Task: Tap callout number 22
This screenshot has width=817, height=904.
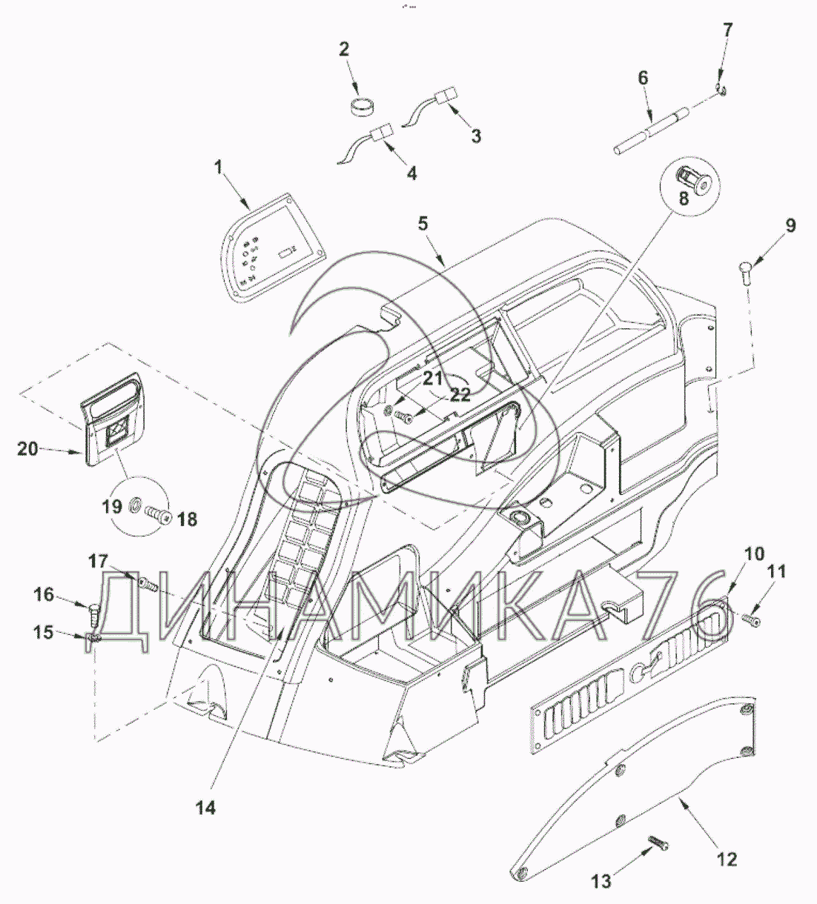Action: pyautogui.click(x=460, y=395)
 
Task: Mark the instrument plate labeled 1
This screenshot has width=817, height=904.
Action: pyautogui.click(x=274, y=252)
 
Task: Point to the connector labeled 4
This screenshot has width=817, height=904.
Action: pyautogui.click(x=383, y=134)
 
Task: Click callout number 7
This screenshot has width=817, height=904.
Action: pyautogui.click(x=727, y=30)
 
